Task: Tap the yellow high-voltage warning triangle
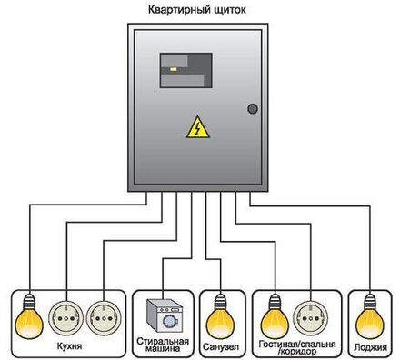(x=196, y=128)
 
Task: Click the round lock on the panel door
(x=253, y=108)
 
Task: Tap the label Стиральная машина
(x=162, y=346)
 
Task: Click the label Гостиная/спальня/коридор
(x=296, y=348)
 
